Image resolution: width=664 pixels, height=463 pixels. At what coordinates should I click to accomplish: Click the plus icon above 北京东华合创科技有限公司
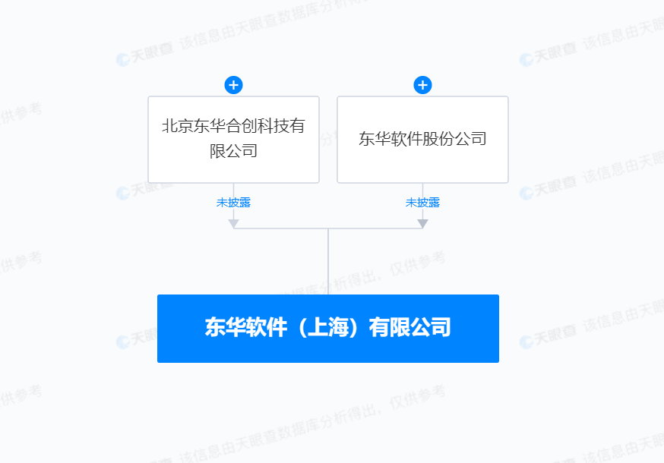[x=233, y=85]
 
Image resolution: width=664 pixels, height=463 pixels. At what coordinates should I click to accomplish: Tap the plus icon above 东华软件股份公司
[x=422, y=85]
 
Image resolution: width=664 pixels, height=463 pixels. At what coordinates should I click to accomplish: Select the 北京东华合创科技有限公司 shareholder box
[x=233, y=139]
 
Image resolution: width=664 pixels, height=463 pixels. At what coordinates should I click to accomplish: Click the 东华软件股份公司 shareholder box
[x=422, y=139]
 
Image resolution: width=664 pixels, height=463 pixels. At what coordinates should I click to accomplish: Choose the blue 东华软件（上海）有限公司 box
[x=327, y=328]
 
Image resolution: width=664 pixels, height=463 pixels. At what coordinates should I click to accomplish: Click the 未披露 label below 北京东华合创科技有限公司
[x=233, y=203]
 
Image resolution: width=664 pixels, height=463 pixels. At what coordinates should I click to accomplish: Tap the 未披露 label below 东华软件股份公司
[x=422, y=203]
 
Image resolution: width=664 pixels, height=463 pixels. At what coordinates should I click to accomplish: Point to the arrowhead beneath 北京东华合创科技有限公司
[x=233, y=223]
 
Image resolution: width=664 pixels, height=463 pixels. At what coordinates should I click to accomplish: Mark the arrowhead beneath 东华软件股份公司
[x=422, y=223]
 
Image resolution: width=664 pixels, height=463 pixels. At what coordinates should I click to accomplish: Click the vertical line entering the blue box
[x=328, y=262]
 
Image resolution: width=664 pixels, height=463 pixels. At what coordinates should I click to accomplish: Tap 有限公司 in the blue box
[x=409, y=328]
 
